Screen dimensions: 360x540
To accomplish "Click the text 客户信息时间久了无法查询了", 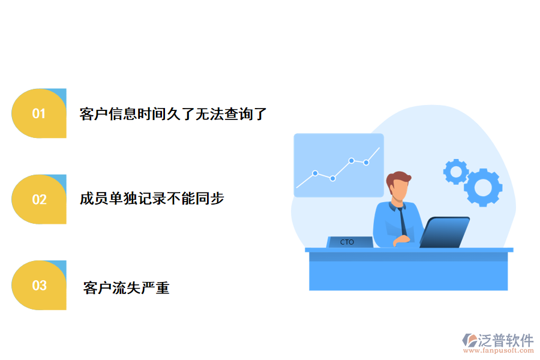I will [173, 114].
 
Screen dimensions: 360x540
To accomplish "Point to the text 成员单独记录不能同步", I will [152, 199].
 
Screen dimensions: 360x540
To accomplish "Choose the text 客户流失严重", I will [127, 288].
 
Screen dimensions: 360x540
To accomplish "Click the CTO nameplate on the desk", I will [347, 242].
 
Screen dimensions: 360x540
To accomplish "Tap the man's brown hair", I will [399, 178].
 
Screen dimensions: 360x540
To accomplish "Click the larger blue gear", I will [483, 187].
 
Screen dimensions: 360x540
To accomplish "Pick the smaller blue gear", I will [456, 172].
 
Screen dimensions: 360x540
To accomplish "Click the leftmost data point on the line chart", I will [315, 173].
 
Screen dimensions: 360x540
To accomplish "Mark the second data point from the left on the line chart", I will [332, 178].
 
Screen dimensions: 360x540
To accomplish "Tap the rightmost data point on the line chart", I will [366, 163].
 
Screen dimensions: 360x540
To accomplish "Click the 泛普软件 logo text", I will [506, 340].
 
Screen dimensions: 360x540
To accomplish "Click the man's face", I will [399, 191].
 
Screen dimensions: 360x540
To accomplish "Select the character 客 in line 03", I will [90, 288].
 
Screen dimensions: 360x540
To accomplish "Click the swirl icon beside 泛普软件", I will [469, 341].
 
